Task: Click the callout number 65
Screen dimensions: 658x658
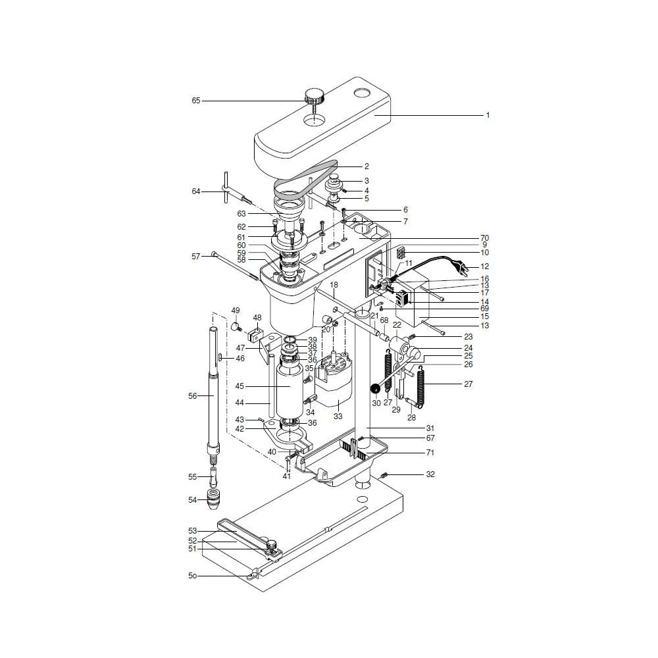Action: point(195,101)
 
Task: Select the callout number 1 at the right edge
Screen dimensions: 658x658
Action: point(488,115)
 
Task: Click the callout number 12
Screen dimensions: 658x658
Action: point(486,267)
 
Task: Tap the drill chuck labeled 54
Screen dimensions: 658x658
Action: point(213,501)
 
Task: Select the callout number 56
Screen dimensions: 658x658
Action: point(193,395)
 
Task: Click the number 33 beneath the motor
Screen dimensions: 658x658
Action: point(338,417)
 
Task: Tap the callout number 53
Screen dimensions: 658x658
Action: point(193,530)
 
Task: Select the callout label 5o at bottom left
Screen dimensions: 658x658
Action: point(192,576)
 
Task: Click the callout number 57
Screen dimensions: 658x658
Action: point(195,256)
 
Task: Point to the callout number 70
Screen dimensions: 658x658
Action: point(484,238)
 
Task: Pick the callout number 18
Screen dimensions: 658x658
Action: point(334,285)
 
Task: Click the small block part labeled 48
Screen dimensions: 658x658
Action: point(256,332)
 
